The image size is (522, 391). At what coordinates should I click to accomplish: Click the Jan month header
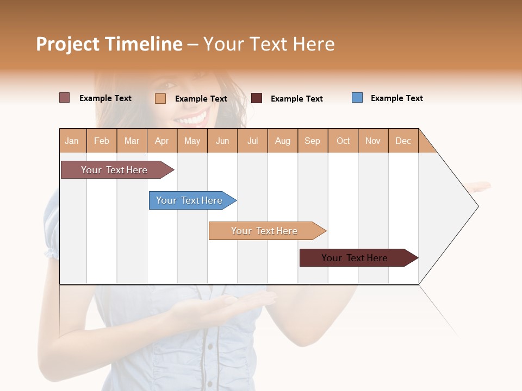(x=72, y=141)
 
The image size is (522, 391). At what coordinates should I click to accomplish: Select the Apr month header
(x=161, y=141)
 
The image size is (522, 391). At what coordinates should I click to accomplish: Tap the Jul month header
(x=252, y=141)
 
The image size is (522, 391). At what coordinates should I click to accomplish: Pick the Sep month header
(x=312, y=141)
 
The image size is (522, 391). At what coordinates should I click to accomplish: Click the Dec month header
(x=403, y=141)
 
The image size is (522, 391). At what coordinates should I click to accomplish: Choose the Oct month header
(x=343, y=141)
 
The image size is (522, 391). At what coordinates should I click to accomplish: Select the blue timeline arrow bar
(x=189, y=200)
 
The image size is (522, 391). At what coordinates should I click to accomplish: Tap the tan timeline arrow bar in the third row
(x=264, y=231)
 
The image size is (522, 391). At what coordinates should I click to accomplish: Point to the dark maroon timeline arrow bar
(x=355, y=258)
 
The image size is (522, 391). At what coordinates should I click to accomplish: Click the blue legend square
(x=357, y=98)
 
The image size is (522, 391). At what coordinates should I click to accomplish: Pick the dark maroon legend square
(x=257, y=98)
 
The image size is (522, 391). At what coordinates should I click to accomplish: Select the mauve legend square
(x=64, y=98)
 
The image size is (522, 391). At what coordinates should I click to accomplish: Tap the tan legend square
(x=160, y=98)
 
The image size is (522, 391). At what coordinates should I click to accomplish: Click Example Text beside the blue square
(x=396, y=98)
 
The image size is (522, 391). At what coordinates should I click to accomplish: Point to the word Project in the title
(x=67, y=44)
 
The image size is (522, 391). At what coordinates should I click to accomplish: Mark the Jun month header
(x=222, y=141)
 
